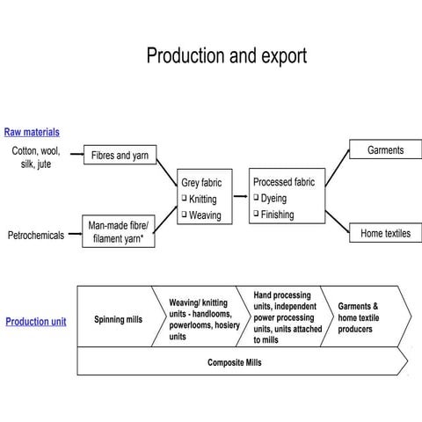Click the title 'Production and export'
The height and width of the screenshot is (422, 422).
(x=226, y=56)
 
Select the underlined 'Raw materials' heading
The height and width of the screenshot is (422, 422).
(x=32, y=132)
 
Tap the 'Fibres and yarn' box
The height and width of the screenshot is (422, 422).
(x=120, y=156)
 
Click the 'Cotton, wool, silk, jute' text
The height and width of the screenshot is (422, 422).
(x=36, y=157)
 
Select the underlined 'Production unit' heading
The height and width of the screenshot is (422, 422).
(x=36, y=322)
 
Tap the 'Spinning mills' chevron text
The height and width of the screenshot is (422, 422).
(x=118, y=320)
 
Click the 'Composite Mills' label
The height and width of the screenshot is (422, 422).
(x=234, y=362)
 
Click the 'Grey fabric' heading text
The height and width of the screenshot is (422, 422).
(x=201, y=183)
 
